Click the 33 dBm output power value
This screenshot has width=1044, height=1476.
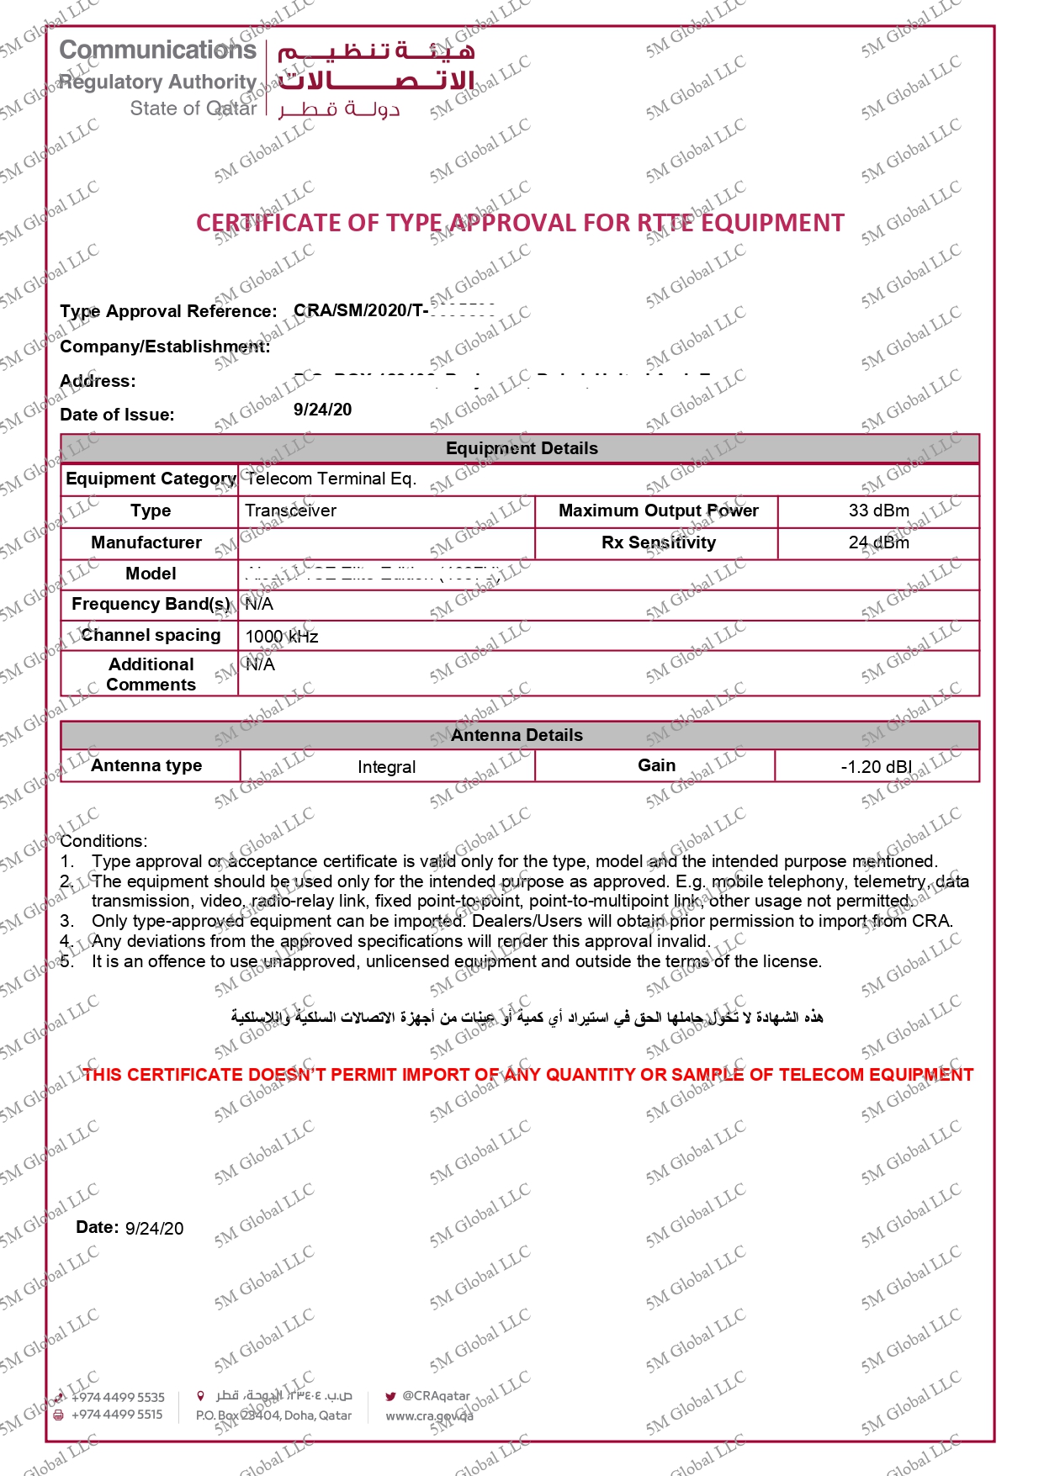click(878, 511)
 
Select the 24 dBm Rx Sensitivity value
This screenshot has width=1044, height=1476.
click(878, 542)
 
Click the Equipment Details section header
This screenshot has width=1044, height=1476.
click(522, 448)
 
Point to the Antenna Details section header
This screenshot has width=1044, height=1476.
click(517, 735)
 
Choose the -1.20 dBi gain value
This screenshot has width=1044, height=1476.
click(876, 767)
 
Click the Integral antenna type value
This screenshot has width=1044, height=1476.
click(386, 767)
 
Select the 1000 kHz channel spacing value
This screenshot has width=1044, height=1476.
click(282, 637)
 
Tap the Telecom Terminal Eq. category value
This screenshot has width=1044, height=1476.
click(331, 479)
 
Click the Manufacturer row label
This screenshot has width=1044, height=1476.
click(146, 542)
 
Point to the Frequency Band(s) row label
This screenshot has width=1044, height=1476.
click(151, 604)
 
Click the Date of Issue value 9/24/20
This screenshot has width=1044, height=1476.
click(322, 410)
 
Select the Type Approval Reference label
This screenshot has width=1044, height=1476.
click(168, 311)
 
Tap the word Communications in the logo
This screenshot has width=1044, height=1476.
click(158, 50)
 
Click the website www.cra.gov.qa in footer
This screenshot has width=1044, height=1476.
click(429, 1416)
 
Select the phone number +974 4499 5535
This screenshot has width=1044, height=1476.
click(118, 1397)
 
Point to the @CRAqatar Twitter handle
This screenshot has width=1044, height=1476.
click(436, 1396)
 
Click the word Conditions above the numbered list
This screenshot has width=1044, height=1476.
click(103, 841)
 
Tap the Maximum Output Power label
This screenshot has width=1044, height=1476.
click(658, 511)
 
